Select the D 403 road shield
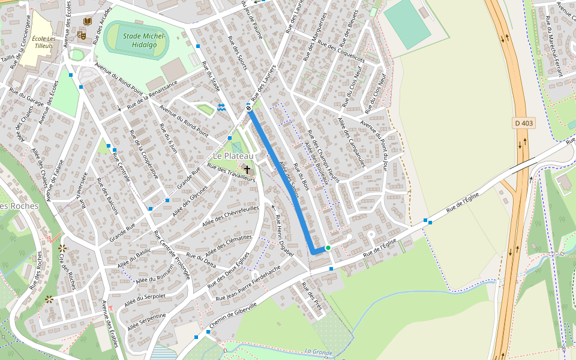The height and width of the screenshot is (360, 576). [x=523, y=123]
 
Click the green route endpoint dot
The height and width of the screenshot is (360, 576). [x=328, y=247]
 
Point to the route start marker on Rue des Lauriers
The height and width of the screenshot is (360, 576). [x=248, y=108]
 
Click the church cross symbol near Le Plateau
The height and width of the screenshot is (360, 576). [x=247, y=170]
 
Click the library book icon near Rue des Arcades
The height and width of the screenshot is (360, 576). [x=87, y=22]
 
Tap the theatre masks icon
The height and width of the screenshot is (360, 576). [x=82, y=35]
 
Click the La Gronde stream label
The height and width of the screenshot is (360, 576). [x=318, y=352]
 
